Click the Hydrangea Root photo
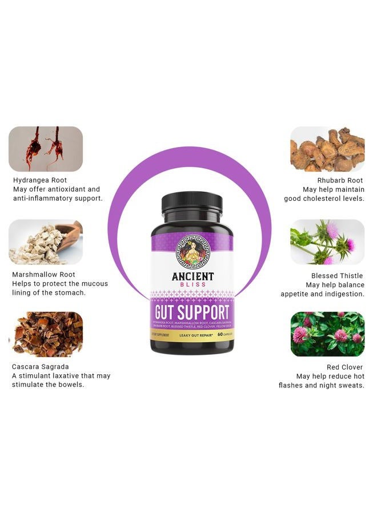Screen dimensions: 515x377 pos(46,149)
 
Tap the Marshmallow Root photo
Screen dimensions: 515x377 pos(46,241)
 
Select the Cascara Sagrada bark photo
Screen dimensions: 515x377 pos(46,334)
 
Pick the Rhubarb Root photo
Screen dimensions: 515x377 pos(327,149)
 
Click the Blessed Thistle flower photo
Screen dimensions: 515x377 pos(327,241)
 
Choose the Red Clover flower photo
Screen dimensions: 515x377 pos(327,334)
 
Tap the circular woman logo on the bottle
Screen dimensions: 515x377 pos(192,252)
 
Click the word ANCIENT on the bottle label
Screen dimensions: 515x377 pos(192,277)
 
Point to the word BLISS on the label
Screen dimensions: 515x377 pos(192,286)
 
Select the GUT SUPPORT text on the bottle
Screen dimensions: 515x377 pos(192,312)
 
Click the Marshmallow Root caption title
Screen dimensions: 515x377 pos(43,275)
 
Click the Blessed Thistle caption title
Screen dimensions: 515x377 pos(338,276)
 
